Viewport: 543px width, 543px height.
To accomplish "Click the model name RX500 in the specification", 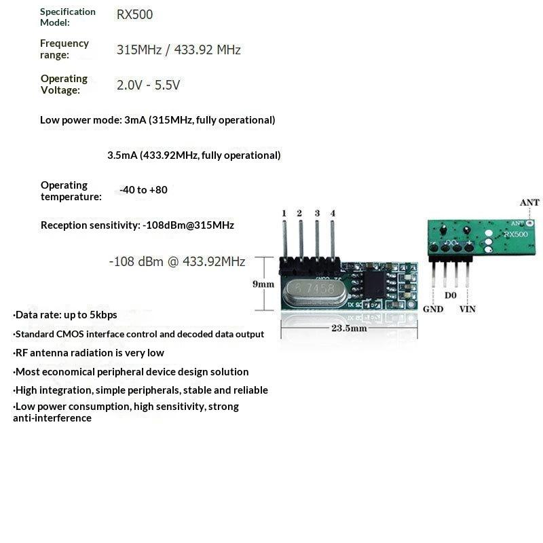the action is pos(134,14).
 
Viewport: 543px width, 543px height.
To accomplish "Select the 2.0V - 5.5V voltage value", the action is pos(148,85).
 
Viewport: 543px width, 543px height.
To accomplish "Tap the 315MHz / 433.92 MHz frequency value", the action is pos(179,50).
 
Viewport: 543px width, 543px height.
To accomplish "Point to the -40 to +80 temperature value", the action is pos(143,190).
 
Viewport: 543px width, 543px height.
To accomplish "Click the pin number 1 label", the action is pos(284,213).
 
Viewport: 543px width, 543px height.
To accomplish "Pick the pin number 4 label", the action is pos(333,213).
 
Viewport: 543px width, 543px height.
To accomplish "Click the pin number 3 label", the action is pos(317,213).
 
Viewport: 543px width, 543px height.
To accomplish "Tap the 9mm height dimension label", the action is pos(263,284).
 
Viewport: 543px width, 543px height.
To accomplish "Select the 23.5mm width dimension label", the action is pos(349,328).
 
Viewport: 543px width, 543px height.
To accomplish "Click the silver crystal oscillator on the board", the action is pos(315,293).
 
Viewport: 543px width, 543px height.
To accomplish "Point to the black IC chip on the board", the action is pos(374,284).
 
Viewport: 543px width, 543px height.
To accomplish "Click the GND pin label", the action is pos(433,309).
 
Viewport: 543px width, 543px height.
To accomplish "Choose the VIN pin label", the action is pos(468,309).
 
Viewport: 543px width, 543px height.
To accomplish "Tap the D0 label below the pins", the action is pos(450,295).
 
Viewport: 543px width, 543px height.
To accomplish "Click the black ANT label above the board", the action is pos(529,202).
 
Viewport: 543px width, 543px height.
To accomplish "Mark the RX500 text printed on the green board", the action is pos(516,234).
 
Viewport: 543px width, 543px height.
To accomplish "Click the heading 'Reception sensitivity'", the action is pos(90,225).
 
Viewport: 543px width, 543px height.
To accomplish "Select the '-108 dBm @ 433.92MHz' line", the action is pos(177,261).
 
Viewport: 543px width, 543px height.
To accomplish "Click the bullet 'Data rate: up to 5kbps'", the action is pos(65,315).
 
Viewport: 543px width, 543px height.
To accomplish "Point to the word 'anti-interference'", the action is pos(52,418).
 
